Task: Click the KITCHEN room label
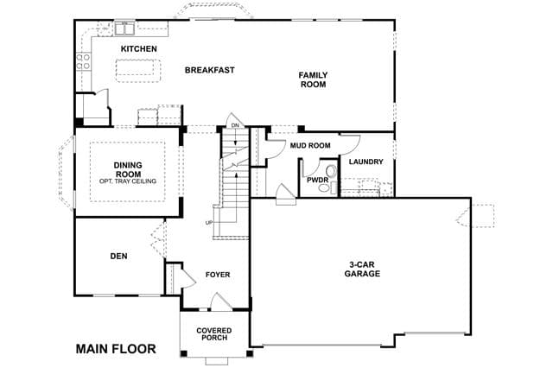click(139, 48)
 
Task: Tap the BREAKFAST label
click(209, 70)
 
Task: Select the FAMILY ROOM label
click(313, 79)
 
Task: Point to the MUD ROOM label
click(310, 145)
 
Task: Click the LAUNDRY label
click(365, 162)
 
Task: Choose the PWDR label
click(317, 181)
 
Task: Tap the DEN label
click(119, 257)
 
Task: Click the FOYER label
click(218, 275)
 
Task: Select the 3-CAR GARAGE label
click(362, 269)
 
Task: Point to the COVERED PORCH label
click(214, 333)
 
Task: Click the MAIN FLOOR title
click(116, 349)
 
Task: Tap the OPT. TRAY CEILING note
click(128, 181)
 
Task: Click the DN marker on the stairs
click(235, 125)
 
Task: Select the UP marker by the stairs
click(209, 223)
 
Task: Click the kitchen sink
click(124, 29)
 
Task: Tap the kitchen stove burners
click(83, 61)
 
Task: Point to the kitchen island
click(138, 71)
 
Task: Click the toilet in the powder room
click(331, 171)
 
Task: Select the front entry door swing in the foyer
click(221, 302)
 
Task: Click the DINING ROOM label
click(128, 169)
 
